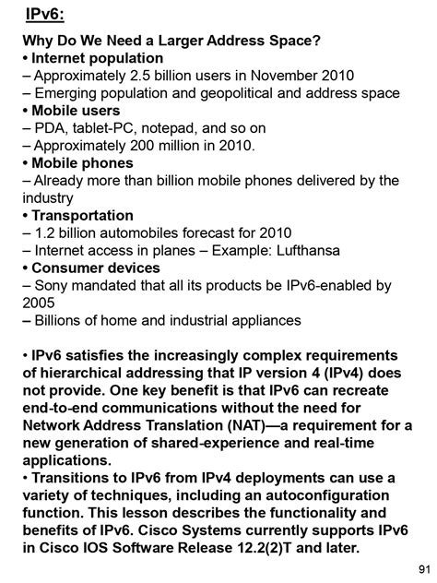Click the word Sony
click(x=52, y=286)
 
